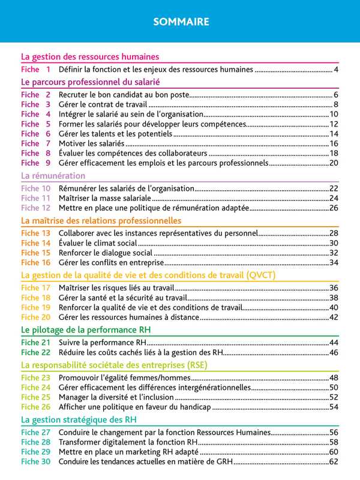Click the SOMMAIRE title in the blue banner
[180, 22]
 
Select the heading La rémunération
[53, 176]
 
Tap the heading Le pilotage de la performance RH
[86, 330]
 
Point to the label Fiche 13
[35, 233]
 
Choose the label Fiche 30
[35, 462]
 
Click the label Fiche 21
[35, 343]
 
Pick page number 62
[334, 462]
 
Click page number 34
[334, 263]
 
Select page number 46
[334, 352]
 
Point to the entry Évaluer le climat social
[98, 243]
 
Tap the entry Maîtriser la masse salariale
[104, 198]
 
